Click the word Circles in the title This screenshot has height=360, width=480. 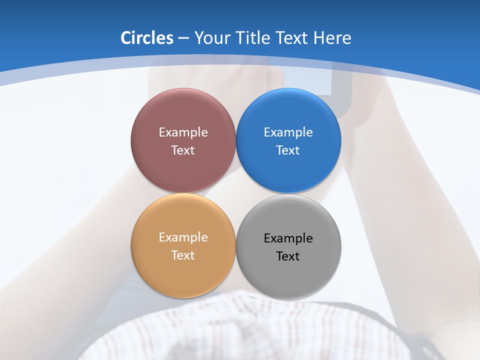tap(146, 38)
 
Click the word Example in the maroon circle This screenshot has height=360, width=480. tap(183, 132)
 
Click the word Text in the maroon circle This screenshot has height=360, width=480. tap(183, 150)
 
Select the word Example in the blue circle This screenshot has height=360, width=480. tap(288, 132)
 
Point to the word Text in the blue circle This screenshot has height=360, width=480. tap(288, 150)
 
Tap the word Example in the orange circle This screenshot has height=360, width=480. tap(183, 237)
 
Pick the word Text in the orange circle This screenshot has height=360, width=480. tap(183, 255)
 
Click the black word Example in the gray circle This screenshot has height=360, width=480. tap(288, 238)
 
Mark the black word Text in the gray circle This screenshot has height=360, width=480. tap(288, 256)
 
